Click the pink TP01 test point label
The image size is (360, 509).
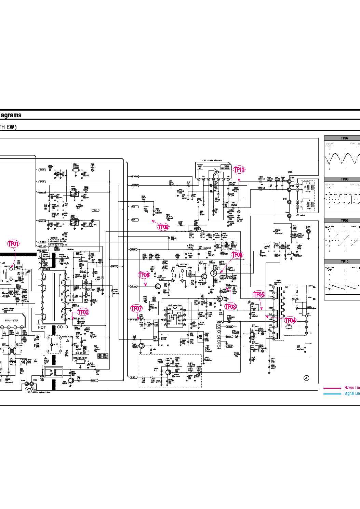coord(13,244)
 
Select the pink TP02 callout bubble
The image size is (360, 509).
coord(83,312)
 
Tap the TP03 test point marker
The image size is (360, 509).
coord(231,307)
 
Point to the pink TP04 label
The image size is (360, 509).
coord(290,320)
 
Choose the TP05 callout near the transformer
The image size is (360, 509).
coord(259,294)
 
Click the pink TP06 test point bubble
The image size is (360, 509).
coord(237,255)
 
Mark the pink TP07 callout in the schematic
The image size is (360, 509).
coord(136,308)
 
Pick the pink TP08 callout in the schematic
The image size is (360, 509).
coord(144,275)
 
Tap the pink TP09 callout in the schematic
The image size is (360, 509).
coord(163,227)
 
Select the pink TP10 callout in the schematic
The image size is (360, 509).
coord(239,170)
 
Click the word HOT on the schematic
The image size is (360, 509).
coord(42,327)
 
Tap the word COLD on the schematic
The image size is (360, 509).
coord(62,327)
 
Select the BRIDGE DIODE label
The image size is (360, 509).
coord(12,321)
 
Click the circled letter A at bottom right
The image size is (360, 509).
coord(306,378)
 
